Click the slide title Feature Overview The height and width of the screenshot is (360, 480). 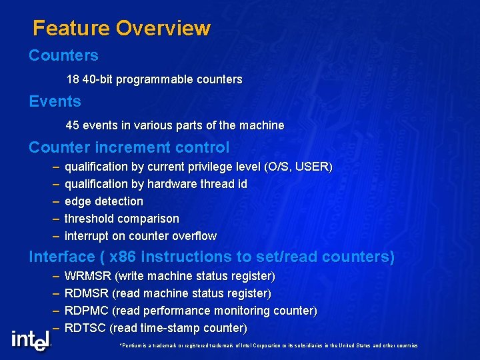(121, 28)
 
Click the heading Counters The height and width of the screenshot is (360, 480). (63, 55)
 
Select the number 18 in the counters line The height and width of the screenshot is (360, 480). (73, 79)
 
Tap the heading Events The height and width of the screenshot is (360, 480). (55, 101)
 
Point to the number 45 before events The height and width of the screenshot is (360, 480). (73, 125)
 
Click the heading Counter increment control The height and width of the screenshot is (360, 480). (129, 147)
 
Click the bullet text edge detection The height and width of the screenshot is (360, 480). (103, 201)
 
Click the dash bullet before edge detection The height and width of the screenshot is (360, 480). (55, 201)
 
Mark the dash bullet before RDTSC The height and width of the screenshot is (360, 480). (55, 328)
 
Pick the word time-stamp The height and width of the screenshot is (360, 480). (164, 328)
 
